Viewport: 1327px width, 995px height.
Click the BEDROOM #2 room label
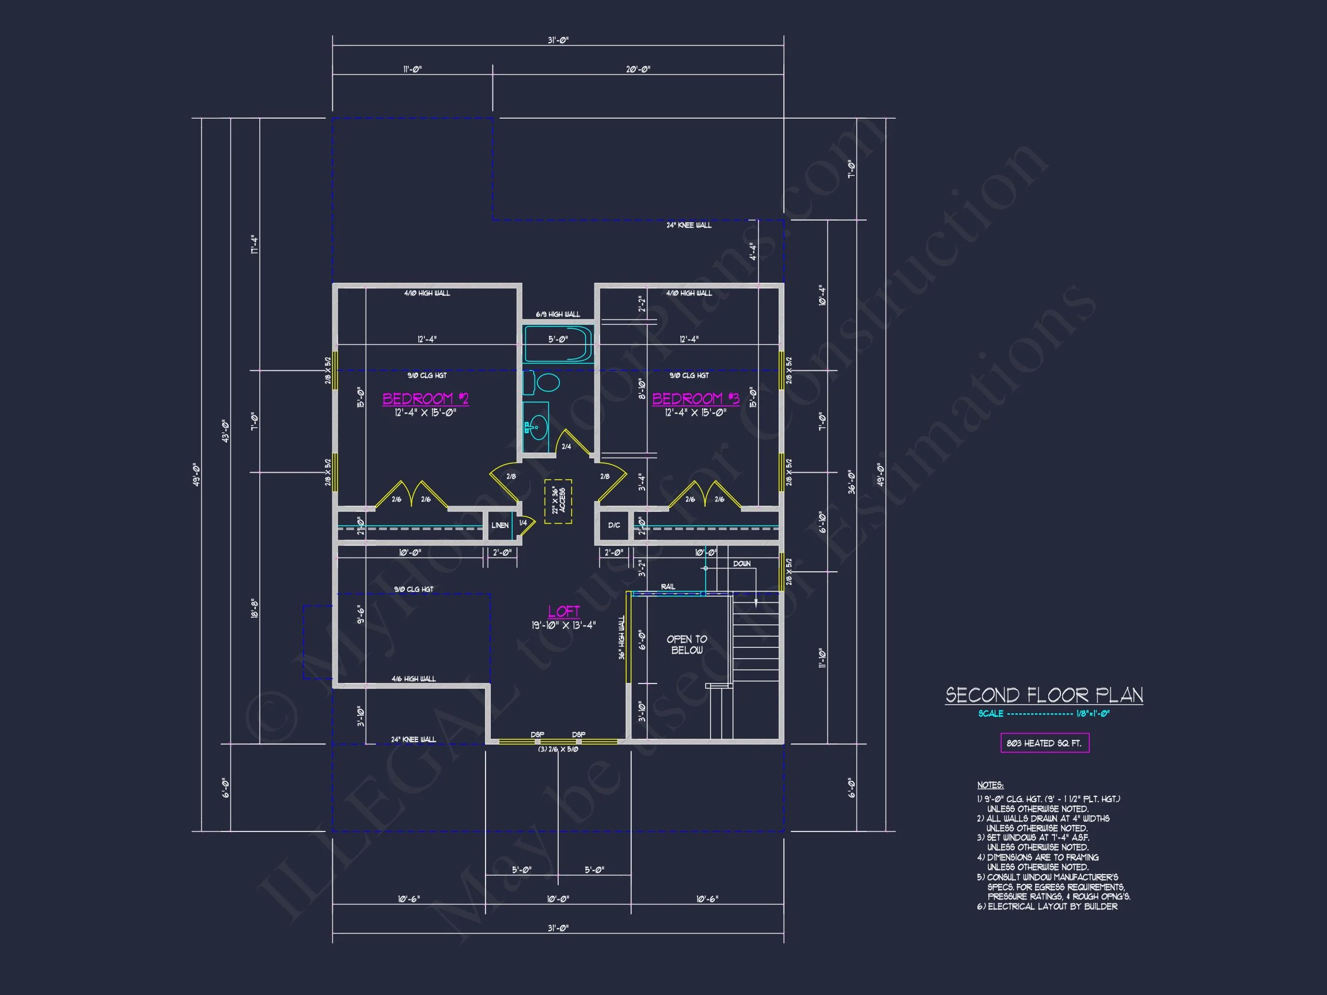click(425, 399)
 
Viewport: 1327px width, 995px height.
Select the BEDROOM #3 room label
click(695, 399)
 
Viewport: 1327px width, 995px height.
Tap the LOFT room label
click(563, 611)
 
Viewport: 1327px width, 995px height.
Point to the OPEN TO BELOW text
click(687, 645)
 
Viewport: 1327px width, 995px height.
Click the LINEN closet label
click(500, 525)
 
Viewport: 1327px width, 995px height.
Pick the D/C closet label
click(614, 525)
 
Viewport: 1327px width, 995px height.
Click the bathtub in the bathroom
click(558, 344)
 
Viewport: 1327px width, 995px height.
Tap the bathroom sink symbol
click(537, 427)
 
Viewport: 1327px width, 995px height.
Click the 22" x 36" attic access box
click(558, 502)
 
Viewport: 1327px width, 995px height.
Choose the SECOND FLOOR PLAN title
click(1044, 695)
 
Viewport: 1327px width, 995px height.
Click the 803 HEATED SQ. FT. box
click(1044, 743)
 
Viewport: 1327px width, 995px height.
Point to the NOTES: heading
click(990, 785)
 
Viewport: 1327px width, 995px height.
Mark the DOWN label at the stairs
click(741, 564)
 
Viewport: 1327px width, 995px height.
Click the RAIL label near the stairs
click(668, 587)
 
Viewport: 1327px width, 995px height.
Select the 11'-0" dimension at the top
click(412, 69)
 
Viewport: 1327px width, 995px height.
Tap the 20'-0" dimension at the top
click(638, 69)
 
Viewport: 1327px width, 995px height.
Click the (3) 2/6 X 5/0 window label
click(558, 750)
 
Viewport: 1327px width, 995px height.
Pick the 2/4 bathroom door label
click(566, 447)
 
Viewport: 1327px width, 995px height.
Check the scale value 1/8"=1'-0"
click(1093, 713)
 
